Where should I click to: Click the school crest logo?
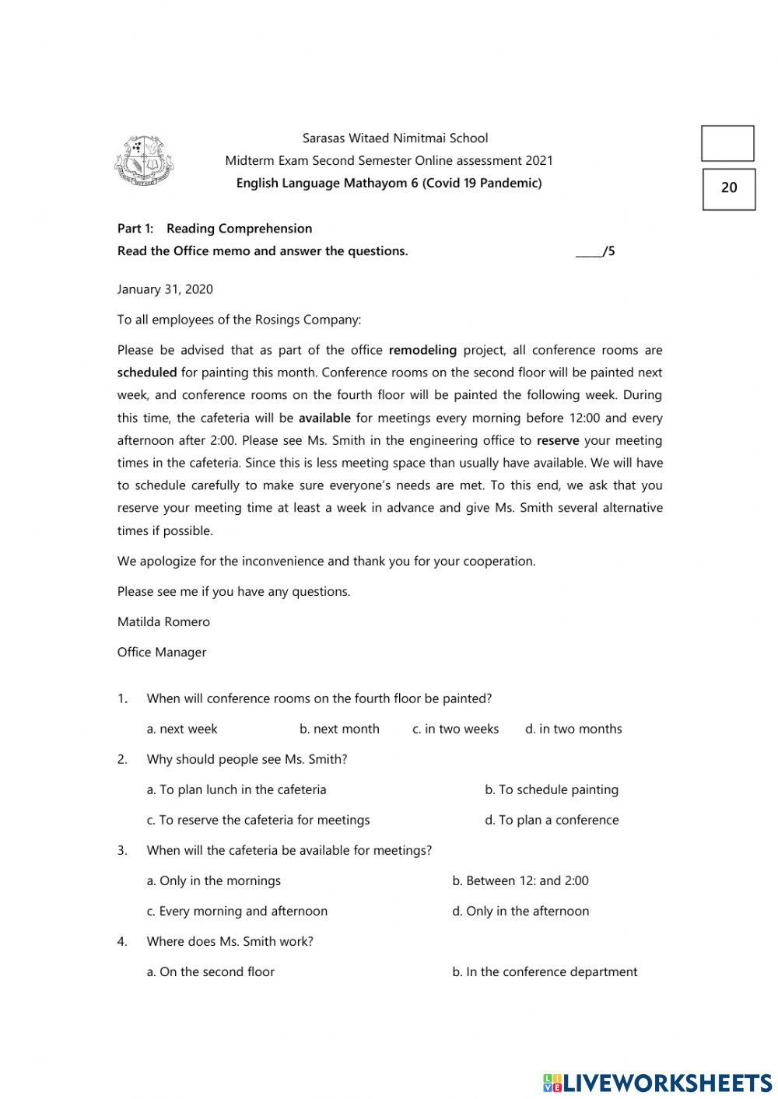pyautogui.click(x=144, y=162)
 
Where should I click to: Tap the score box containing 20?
pyautogui.click(x=729, y=188)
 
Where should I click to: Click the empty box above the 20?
pyautogui.click(x=727, y=144)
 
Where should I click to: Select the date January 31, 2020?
pyautogui.click(x=165, y=289)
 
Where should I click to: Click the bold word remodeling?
pyautogui.click(x=422, y=350)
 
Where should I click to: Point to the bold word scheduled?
pyautogui.click(x=147, y=373)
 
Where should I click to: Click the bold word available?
pyautogui.click(x=324, y=418)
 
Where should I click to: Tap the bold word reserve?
pyautogui.click(x=558, y=440)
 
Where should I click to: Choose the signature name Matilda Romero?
pyautogui.click(x=163, y=621)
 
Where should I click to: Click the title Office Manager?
pyautogui.click(x=162, y=652)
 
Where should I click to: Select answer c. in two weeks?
pyautogui.click(x=455, y=729)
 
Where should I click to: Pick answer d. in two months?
pyautogui.click(x=573, y=729)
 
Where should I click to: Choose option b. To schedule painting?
pyautogui.click(x=552, y=789)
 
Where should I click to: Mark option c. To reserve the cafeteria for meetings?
pyautogui.click(x=258, y=820)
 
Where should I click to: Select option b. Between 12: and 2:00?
pyautogui.click(x=520, y=880)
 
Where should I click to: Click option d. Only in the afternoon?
pyautogui.click(x=520, y=911)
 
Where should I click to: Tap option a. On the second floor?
pyautogui.click(x=211, y=971)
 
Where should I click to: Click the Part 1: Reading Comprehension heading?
pyautogui.click(x=215, y=229)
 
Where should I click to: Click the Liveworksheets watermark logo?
pyautogui.click(x=657, y=1082)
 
